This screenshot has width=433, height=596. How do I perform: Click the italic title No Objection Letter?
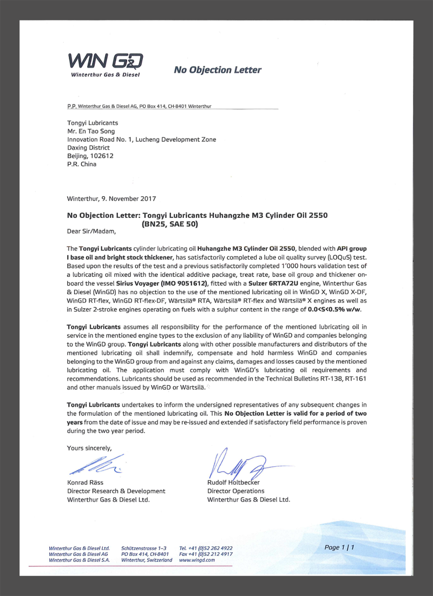tap(218, 70)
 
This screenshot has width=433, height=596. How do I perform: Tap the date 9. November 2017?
tap(126, 198)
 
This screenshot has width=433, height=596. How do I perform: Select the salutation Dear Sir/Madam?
tap(91, 231)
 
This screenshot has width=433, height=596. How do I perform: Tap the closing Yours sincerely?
tap(89, 447)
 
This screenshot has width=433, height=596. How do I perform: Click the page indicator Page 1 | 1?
tap(339, 547)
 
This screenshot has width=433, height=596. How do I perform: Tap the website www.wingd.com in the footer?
tap(196, 560)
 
